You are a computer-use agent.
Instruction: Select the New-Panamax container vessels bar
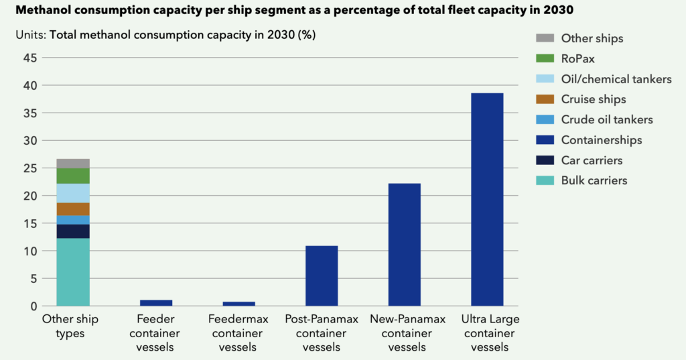point(405,245)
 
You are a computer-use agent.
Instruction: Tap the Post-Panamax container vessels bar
point(322,276)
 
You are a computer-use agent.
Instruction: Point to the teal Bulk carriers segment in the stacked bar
point(73,272)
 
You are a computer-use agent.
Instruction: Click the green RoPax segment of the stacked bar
point(73,176)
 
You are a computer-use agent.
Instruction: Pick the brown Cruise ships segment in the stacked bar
point(73,209)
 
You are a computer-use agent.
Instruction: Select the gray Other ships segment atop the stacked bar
point(73,163)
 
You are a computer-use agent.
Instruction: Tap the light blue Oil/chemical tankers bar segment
point(73,193)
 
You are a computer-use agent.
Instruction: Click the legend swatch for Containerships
point(546,140)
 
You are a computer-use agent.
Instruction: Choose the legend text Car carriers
point(592,160)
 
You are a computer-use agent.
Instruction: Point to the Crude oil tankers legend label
point(606,120)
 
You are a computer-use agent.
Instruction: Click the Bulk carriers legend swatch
point(546,180)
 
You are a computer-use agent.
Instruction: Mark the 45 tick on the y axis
point(29,58)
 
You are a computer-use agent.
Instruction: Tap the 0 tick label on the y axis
point(33,306)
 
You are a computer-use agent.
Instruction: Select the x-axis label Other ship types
point(70,326)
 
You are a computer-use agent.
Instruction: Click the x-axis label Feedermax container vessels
point(238,333)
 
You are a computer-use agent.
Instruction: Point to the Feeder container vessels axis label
point(155,333)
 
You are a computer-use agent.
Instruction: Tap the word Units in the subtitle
point(30,35)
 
